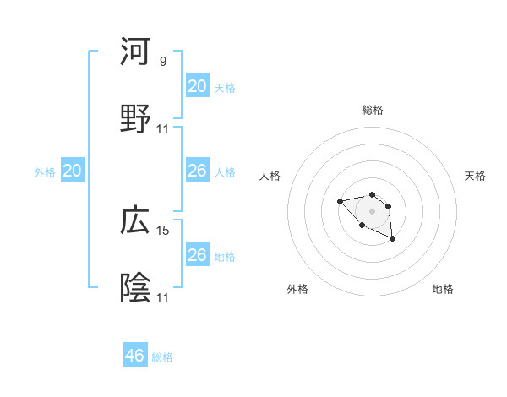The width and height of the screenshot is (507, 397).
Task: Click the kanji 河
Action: coord(135,52)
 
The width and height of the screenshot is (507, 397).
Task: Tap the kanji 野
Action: coord(135,119)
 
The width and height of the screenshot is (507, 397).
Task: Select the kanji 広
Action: coord(135,220)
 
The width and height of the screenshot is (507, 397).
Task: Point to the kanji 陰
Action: coord(135,288)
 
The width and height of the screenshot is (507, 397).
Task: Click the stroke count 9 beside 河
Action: coord(163,62)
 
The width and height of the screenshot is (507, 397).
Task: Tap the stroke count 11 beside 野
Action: coord(163,129)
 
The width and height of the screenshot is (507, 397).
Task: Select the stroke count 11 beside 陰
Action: coord(163,298)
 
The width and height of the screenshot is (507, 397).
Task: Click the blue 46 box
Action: coord(135,356)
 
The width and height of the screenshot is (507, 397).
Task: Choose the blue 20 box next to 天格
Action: coord(198,86)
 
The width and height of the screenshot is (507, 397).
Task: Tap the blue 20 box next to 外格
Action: coord(73,171)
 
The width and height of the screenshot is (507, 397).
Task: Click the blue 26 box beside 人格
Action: coord(198,171)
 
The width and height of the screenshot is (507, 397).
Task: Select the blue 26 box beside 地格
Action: coord(198,255)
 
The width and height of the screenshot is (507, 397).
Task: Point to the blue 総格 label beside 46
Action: coord(162,357)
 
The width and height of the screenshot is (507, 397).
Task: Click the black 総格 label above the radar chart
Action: coord(372,110)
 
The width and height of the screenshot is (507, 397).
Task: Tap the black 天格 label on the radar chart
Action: coord(476,176)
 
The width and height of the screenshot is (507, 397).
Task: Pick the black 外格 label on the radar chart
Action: coord(297,289)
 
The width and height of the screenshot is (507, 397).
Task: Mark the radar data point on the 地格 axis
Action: coord(392,239)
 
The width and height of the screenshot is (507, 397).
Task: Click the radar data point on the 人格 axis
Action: coord(340,201)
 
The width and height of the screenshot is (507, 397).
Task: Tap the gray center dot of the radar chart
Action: coord(372,211)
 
